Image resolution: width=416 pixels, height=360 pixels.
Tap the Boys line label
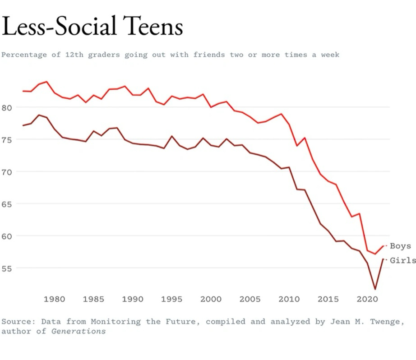(400, 246)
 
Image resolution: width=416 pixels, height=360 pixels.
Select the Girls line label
(402, 260)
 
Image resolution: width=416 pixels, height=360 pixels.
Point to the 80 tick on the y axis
(9, 107)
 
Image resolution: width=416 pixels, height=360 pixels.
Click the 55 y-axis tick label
(9, 268)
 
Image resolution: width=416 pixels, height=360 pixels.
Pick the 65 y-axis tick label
(9, 204)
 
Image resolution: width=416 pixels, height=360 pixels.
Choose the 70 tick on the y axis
(9, 172)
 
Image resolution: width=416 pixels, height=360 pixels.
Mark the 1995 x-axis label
(172, 299)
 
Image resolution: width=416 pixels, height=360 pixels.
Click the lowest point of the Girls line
(375, 289)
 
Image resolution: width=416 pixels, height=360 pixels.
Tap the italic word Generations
(79, 331)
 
